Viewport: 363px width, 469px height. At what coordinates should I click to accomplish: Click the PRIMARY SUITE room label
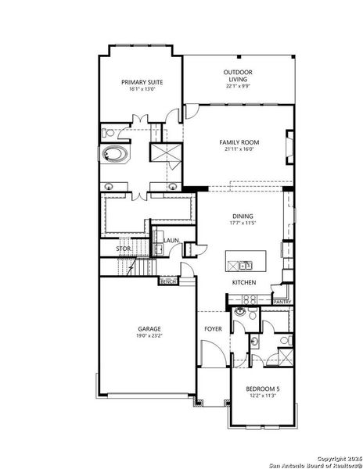point(139,82)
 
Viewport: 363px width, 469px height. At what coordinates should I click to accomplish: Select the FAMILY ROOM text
point(239,142)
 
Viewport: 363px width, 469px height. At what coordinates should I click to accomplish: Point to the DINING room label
point(243,217)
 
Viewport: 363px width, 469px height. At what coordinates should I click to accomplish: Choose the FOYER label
point(213,329)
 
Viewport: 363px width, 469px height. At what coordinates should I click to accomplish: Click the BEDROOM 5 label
point(263,389)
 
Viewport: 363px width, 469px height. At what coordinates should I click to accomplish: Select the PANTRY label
point(282,302)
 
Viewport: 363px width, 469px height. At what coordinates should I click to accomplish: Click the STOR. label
point(124,249)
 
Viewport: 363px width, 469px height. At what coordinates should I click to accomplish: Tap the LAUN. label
point(170,240)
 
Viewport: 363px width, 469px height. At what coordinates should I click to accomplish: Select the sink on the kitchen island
point(245,264)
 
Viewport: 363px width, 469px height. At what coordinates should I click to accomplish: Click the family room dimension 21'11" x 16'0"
point(239,149)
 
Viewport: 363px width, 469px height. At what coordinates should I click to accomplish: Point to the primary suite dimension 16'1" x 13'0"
point(139,89)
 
